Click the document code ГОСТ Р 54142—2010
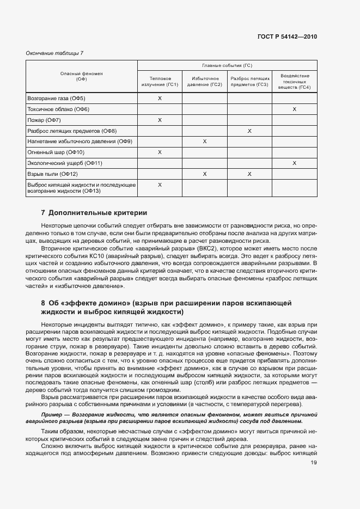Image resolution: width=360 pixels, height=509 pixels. [287, 37]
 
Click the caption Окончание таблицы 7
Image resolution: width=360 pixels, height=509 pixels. [54, 53]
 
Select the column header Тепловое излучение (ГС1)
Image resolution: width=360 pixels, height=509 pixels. [160, 81]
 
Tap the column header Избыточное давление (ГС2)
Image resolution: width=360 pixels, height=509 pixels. [204, 81]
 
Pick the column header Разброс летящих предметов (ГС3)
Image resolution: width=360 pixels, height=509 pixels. [249, 81]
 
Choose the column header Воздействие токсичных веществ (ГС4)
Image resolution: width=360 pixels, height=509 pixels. [294, 81]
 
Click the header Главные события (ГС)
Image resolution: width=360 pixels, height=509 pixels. [227, 65]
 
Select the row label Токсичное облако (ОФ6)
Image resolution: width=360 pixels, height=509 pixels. [58, 109]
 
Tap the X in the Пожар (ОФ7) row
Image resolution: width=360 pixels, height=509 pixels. [160, 120]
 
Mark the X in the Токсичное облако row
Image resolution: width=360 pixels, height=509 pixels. [294, 109]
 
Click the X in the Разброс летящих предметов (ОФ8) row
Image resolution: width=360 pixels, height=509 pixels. [249, 131]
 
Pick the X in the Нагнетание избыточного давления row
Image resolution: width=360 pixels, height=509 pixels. [204, 142]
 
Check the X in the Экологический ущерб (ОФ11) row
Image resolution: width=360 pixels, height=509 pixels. [294, 163]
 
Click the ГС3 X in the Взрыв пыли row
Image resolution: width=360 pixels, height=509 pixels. [249, 174]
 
